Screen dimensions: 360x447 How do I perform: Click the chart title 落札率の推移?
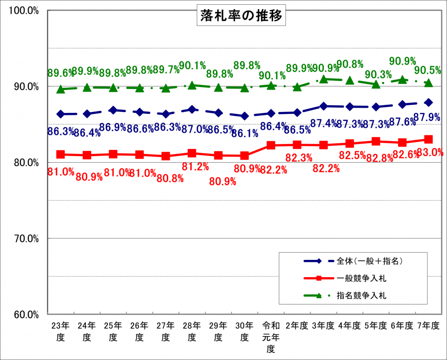(241, 16)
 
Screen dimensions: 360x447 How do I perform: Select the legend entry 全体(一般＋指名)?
(369, 261)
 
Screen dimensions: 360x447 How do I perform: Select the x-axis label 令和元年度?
(271, 337)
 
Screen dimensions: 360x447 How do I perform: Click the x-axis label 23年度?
(60, 331)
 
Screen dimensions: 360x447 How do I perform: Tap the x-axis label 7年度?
(428, 326)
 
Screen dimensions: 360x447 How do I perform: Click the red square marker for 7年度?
(428, 139)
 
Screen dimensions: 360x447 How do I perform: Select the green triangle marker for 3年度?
(324, 79)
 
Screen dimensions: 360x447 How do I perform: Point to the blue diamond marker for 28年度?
(192, 109)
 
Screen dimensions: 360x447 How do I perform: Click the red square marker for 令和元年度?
(271, 145)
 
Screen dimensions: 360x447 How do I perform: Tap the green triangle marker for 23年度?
(60, 89)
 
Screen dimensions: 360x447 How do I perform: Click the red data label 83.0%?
(430, 153)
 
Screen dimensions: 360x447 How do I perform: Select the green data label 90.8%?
(350, 64)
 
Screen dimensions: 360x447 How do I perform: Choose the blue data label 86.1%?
(245, 133)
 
